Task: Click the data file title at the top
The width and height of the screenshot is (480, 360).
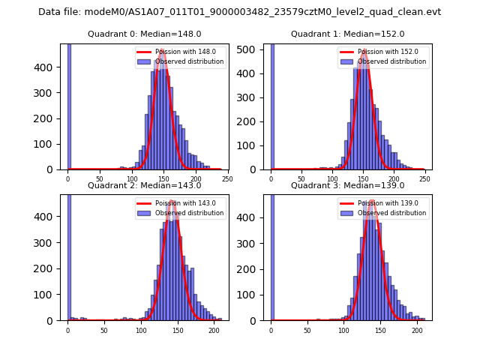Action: point(239,12)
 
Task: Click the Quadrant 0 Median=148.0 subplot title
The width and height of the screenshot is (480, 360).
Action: point(144,34)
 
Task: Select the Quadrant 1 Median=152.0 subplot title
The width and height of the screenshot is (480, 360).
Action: point(347,34)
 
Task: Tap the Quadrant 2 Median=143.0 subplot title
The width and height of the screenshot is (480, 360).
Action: point(144,185)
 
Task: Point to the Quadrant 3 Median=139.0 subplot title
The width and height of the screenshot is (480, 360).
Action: point(347,185)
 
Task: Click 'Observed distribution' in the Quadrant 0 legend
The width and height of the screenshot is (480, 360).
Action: point(189,61)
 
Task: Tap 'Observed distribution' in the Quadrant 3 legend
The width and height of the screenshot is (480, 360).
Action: point(391,213)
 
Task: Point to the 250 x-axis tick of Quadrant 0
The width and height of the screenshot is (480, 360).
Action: point(227,178)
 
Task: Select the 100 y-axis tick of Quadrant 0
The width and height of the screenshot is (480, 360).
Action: point(49,144)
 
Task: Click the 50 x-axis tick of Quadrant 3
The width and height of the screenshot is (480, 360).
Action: point(307,330)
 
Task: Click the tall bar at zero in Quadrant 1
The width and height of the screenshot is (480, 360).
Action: point(271,105)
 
